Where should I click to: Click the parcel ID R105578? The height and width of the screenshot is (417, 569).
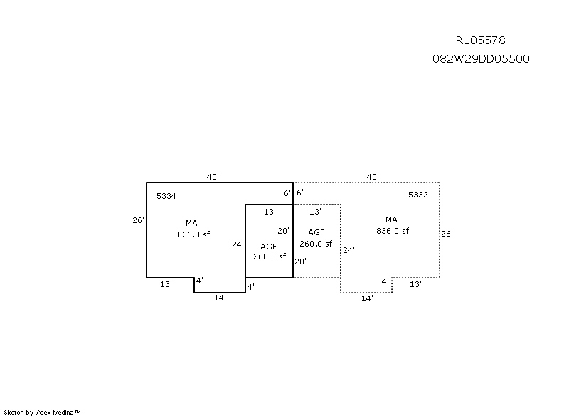point(480,40)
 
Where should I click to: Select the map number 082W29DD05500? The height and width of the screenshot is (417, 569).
point(480,59)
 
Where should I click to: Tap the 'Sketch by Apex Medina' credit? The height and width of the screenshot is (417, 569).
point(43,411)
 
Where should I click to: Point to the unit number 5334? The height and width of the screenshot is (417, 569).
point(166,195)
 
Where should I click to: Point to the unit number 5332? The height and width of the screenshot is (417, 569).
point(418,195)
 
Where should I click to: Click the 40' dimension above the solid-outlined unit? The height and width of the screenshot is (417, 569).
point(213,177)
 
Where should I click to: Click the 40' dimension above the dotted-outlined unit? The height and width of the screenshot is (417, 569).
point(373,177)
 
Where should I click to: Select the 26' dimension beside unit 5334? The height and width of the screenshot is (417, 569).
point(138,220)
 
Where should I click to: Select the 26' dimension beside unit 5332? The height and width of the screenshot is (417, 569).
point(447,234)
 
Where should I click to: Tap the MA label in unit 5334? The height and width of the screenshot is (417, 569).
point(192,223)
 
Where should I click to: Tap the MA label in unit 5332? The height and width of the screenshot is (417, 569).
point(392,220)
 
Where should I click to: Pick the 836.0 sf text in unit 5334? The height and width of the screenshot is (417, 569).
point(193,234)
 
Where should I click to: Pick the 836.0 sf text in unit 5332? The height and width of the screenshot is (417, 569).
point(393,230)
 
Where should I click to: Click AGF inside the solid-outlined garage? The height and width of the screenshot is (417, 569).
point(269,246)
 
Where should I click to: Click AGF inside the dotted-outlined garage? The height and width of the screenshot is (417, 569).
point(316,232)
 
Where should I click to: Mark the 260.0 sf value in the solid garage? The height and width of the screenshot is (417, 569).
point(270,256)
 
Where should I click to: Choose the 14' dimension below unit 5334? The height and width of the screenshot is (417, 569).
point(220,298)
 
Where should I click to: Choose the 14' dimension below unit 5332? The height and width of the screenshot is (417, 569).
point(367,298)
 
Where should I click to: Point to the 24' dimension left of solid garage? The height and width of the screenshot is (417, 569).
point(238,244)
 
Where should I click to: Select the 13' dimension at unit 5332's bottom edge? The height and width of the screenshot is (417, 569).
point(415,284)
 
